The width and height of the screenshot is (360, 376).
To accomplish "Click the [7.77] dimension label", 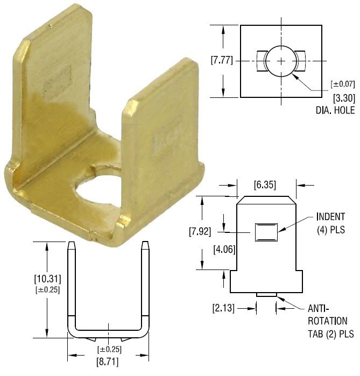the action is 222,60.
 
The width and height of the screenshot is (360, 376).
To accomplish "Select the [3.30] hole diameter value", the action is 344,98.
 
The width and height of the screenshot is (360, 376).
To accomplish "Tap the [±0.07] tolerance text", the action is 342,84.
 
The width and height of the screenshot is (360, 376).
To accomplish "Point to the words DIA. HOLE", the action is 335,110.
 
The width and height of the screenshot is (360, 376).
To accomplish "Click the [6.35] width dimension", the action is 265,185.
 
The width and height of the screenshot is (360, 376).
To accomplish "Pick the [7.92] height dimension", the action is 200,232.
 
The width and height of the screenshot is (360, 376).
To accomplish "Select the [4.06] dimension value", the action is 224,250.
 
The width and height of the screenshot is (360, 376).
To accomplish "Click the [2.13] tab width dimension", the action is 223,308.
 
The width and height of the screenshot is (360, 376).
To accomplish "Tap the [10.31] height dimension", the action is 47,279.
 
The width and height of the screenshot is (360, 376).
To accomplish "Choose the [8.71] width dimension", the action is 107,362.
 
